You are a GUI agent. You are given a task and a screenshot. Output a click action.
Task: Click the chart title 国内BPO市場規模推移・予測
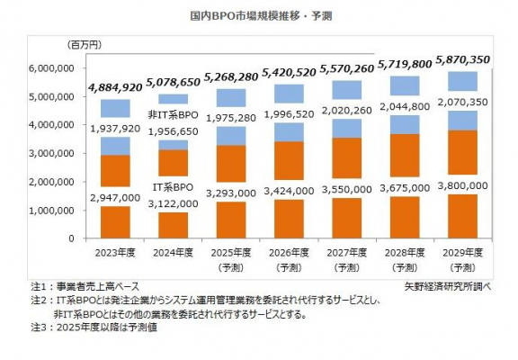(259, 16)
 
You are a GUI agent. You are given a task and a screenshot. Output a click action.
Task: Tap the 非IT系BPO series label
(173, 116)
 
